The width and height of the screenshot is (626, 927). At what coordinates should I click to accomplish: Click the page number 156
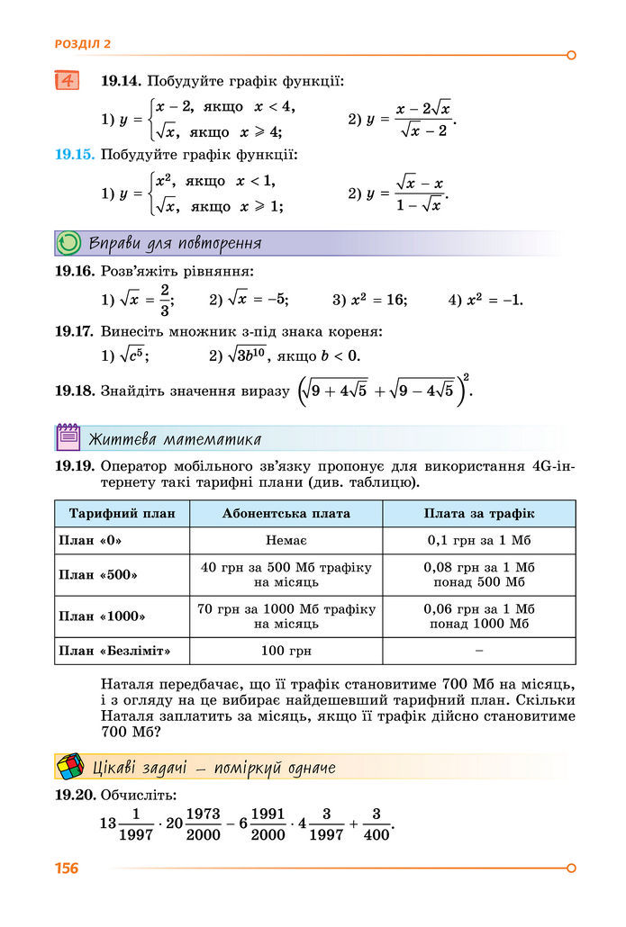[67, 868]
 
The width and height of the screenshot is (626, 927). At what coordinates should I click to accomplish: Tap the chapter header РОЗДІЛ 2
[83, 43]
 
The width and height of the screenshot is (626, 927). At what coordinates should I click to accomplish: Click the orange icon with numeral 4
[67, 80]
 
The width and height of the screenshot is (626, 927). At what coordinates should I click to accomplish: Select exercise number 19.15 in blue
[74, 154]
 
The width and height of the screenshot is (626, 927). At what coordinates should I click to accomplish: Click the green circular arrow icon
[68, 243]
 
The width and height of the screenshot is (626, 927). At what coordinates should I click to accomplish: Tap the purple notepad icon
[68, 437]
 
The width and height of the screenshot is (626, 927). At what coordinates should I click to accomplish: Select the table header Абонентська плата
[286, 513]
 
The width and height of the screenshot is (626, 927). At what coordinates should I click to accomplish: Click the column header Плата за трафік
[479, 513]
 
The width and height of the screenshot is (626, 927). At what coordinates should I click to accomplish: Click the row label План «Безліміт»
[114, 649]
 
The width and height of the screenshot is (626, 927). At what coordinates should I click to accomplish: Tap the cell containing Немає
[286, 540]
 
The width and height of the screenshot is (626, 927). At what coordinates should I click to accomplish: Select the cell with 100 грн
[286, 649]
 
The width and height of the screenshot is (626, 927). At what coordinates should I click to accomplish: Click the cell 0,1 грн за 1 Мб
[479, 540]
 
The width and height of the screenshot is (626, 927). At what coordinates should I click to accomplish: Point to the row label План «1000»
[101, 616]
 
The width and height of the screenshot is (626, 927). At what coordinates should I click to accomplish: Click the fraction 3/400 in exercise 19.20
[377, 823]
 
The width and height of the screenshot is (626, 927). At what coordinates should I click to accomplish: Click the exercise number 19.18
[74, 391]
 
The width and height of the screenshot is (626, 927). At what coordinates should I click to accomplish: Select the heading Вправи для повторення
[176, 243]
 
